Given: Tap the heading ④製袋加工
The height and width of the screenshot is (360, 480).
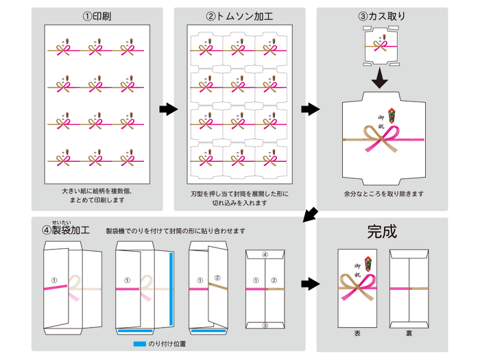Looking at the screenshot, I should (x=67, y=230).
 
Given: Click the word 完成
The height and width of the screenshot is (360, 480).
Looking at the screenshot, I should (x=382, y=232).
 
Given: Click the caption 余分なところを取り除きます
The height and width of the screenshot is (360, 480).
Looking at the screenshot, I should (x=384, y=194).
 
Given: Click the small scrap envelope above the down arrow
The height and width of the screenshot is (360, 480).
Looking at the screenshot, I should (x=381, y=45).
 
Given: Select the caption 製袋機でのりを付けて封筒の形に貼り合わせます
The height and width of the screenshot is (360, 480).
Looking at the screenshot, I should (x=176, y=230).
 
